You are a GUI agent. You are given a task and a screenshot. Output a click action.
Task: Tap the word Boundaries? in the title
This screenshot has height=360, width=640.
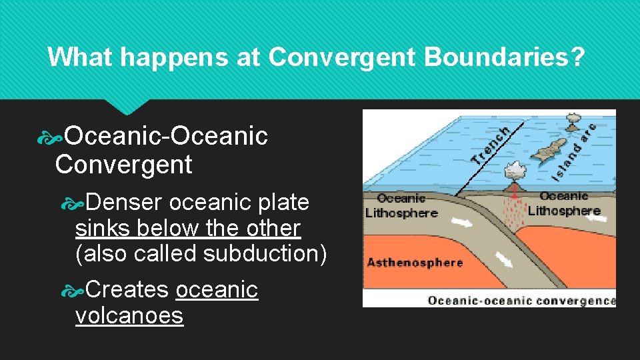[x=504, y=57]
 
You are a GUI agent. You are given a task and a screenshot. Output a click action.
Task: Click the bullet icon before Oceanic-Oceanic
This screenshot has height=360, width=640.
[x=51, y=137]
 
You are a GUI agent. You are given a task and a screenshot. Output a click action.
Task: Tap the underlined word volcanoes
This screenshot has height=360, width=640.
[x=129, y=315]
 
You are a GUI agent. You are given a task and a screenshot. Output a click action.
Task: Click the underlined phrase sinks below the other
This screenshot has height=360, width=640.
[x=188, y=228]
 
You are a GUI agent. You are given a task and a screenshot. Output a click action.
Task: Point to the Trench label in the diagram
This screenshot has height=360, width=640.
[x=492, y=146]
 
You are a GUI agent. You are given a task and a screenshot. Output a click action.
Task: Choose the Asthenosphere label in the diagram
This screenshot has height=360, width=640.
[x=414, y=262]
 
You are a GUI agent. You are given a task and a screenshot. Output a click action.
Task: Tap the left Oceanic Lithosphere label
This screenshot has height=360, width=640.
[x=401, y=205]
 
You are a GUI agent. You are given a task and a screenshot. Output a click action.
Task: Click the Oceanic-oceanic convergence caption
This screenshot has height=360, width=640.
[x=521, y=301]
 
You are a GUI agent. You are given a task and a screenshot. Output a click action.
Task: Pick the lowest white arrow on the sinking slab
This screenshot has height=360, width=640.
[x=504, y=259]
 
